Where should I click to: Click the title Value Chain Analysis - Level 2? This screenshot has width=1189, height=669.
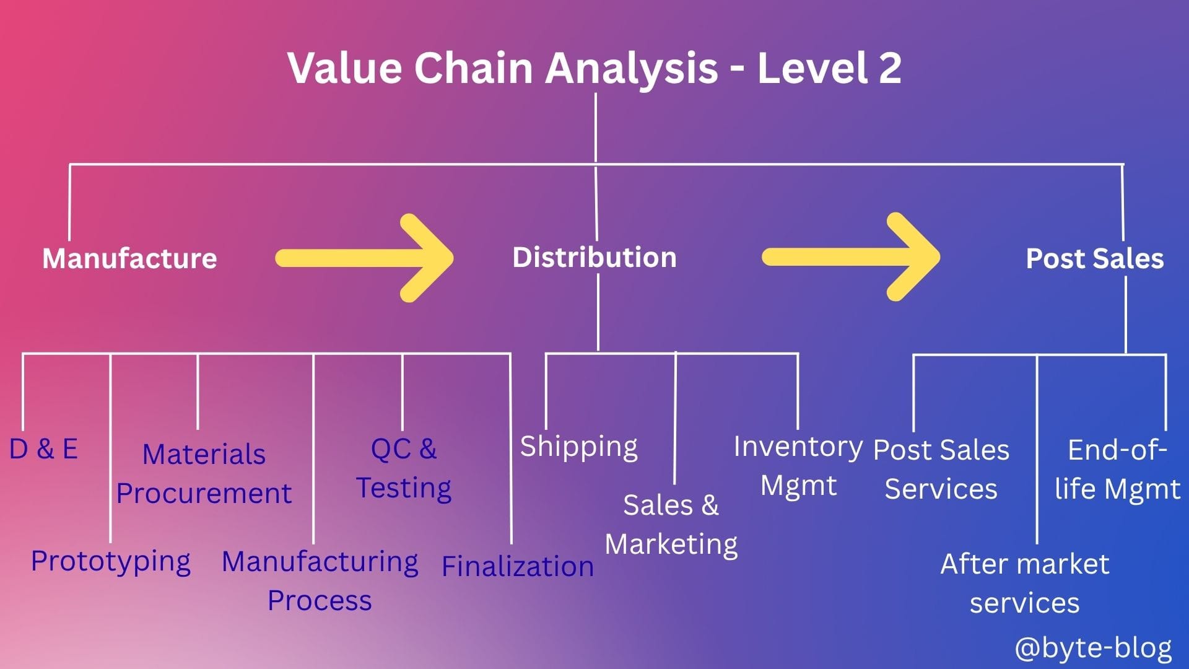click(594, 68)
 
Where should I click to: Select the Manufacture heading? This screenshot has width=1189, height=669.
click(129, 258)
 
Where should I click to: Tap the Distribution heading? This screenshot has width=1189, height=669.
click(594, 257)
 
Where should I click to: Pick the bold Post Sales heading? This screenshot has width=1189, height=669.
click(1095, 258)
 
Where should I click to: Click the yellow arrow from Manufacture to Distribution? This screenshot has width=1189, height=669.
click(365, 258)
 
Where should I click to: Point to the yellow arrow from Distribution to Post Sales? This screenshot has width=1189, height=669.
click(851, 256)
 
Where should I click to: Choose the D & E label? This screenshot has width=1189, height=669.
click(43, 448)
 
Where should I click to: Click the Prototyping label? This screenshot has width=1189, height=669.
click(111, 562)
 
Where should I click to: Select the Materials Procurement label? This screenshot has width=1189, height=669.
click(204, 474)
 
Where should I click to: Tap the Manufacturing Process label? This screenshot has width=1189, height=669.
click(320, 581)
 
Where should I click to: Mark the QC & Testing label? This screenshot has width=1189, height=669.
click(404, 469)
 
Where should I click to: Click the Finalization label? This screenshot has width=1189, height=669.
click(518, 566)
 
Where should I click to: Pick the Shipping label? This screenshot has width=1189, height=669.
click(578, 447)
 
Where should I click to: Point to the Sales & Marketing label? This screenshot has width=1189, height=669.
click(671, 525)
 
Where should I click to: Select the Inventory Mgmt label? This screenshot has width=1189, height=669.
click(798, 466)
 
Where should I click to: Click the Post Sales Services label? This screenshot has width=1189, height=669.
click(941, 469)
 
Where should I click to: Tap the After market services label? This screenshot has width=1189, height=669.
click(1025, 583)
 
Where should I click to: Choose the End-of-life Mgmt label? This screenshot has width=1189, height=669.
click(1118, 469)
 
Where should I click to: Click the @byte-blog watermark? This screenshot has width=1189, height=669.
click(1094, 648)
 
